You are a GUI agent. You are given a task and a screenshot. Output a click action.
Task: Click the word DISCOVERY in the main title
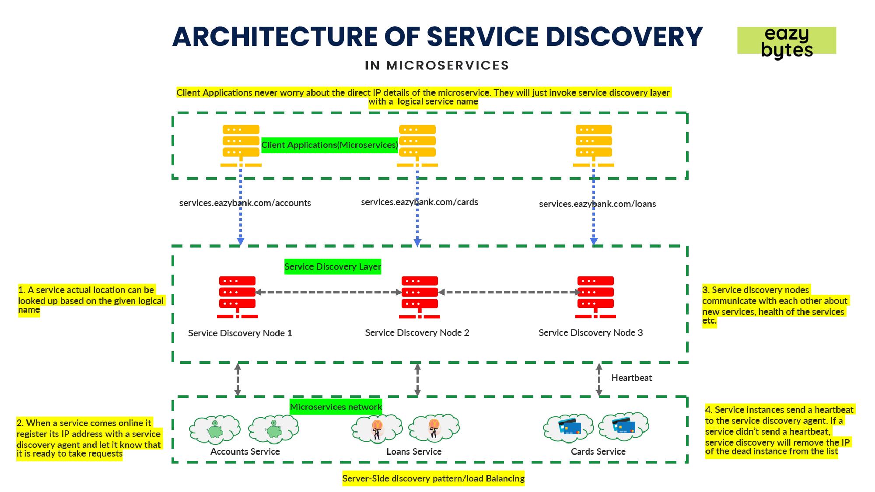pyautogui.click(x=624, y=36)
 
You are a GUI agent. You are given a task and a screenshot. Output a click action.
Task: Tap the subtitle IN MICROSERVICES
pyautogui.click(x=437, y=66)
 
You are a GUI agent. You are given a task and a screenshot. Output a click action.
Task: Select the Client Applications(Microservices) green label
pyautogui.click(x=329, y=145)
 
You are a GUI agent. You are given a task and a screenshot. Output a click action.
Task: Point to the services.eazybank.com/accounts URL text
pyautogui.click(x=245, y=203)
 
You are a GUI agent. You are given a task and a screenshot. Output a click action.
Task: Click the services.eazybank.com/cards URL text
pyautogui.click(x=420, y=202)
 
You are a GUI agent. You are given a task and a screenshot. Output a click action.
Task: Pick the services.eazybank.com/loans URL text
pyautogui.click(x=597, y=204)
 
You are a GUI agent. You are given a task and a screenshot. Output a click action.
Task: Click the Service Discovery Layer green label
pyautogui.click(x=332, y=267)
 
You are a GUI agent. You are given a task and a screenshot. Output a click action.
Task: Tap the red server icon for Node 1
pyautogui.click(x=237, y=297)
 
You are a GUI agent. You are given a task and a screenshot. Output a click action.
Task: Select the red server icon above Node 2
pyautogui.click(x=420, y=297)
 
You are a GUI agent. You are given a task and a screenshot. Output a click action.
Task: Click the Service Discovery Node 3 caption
pyautogui.click(x=591, y=333)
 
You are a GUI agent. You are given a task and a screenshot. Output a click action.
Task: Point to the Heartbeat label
pyautogui.click(x=631, y=378)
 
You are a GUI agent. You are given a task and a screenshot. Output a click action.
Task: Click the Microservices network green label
pyautogui.click(x=336, y=407)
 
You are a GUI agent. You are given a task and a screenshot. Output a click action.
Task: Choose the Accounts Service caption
pyautogui.click(x=245, y=452)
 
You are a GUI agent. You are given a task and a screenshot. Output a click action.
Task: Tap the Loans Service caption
pyautogui.click(x=414, y=452)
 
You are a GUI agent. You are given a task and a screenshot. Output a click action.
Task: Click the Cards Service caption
pyautogui.click(x=598, y=452)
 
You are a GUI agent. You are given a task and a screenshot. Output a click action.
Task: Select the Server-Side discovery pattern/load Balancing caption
pyautogui.click(x=433, y=478)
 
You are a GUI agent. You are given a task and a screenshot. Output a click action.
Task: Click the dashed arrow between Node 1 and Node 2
pyautogui.click(x=328, y=292)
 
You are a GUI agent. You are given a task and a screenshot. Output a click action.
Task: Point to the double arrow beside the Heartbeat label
pyautogui.click(x=599, y=380)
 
